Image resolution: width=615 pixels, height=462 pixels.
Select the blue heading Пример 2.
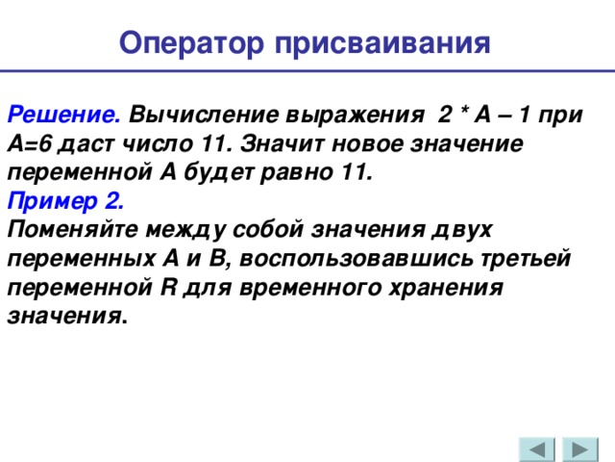pyautogui.click(x=64, y=201)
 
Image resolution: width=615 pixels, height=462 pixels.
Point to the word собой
pyautogui.click(x=263, y=230)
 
